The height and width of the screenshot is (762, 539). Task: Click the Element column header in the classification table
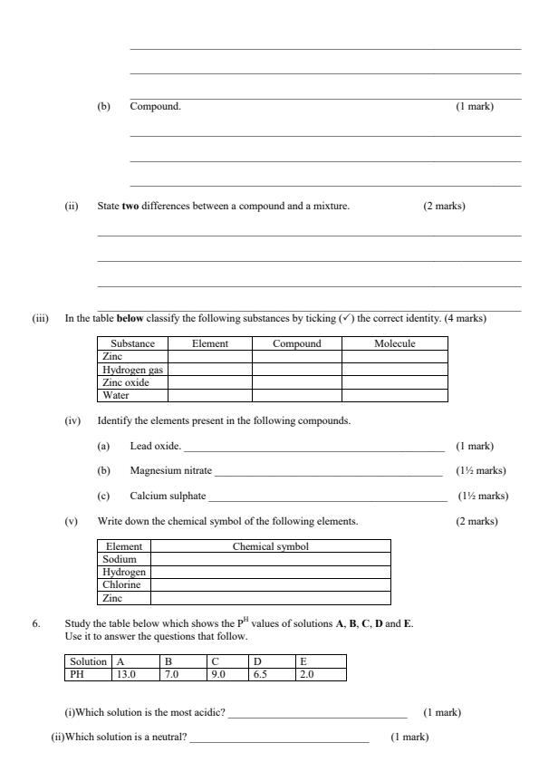click(210, 344)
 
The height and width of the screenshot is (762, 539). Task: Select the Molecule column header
click(394, 344)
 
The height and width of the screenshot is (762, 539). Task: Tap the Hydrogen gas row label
click(133, 370)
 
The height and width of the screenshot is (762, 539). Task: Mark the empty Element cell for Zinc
click(210, 357)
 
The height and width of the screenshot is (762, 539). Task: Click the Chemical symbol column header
click(271, 546)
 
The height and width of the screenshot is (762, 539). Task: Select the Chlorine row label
click(124, 584)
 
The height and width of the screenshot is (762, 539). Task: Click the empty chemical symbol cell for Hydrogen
click(271, 572)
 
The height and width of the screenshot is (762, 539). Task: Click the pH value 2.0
click(307, 674)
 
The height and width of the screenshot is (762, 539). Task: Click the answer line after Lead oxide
click(313, 449)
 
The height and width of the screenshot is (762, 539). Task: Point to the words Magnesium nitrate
click(170, 471)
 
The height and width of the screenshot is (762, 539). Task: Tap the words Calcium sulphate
click(168, 496)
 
